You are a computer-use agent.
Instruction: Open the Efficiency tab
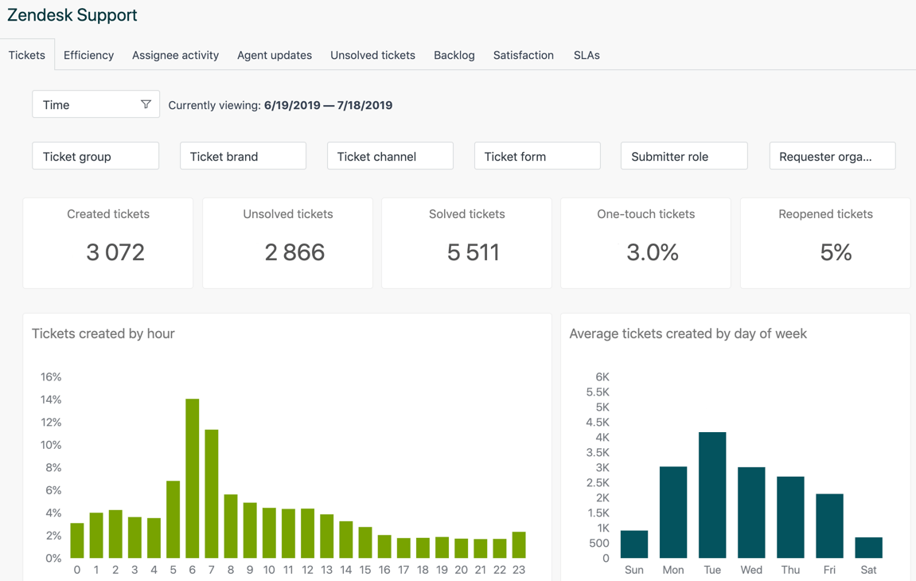pyautogui.click(x=88, y=55)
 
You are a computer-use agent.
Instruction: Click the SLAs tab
pyautogui.click(x=587, y=55)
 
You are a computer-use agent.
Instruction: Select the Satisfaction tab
pyautogui.click(x=523, y=55)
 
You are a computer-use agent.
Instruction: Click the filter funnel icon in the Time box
pyautogui.click(x=146, y=104)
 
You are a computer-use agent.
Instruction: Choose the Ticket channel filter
pyautogui.click(x=390, y=156)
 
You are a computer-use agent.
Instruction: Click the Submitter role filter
pyautogui.click(x=684, y=156)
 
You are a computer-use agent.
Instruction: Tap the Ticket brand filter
pyautogui.click(x=243, y=156)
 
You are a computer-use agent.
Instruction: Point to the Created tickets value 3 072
pyautogui.click(x=115, y=252)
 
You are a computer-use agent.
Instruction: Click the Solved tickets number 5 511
pyautogui.click(x=474, y=252)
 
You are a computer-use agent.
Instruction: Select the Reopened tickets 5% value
pyautogui.click(x=836, y=252)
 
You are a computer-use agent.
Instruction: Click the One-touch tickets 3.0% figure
pyautogui.click(x=653, y=252)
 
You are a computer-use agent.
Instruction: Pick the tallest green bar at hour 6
pyautogui.click(x=192, y=478)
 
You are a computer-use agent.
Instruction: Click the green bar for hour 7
pyautogui.click(x=212, y=493)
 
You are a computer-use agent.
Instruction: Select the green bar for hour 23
pyautogui.click(x=519, y=545)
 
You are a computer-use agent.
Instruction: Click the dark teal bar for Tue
pyautogui.click(x=712, y=495)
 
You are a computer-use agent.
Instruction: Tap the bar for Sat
pyautogui.click(x=868, y=548)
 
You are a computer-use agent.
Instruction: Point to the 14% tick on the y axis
pyautogui.click(x=51, y=400)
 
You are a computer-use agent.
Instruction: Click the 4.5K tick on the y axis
pyautogui.click(x=598, y=422)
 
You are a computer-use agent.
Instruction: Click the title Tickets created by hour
pyautogui.click(x=103, y=333)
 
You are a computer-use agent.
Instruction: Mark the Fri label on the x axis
pyautogui.click(x=829, y=570)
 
